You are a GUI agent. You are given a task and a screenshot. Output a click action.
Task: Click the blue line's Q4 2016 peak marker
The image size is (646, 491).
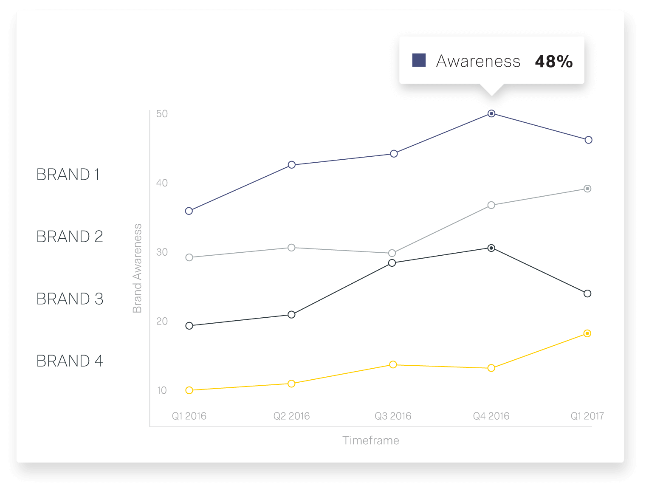(x=491, y=113)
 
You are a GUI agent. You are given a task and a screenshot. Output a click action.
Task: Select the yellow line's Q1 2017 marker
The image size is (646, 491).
(x=587, y=333)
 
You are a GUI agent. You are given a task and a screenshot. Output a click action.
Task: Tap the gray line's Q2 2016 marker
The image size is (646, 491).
(x=291, y=248)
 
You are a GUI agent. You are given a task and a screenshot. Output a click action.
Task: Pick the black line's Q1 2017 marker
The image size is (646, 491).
(x=587, y=293)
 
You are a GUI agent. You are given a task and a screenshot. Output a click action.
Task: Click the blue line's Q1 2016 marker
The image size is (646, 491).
(x=189, y=211)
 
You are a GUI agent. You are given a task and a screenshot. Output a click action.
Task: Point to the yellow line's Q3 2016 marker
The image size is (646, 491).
(x=393, y=364)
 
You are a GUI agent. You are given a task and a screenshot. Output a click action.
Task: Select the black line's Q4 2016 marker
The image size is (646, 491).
(x=491, y=248)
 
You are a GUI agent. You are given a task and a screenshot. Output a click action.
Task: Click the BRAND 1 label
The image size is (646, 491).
(x=68, y=175)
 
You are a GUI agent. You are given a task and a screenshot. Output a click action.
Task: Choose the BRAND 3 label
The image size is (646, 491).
(x=70, y=299)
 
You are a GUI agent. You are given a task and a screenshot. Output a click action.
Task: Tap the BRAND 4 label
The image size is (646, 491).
(x=70, y=361)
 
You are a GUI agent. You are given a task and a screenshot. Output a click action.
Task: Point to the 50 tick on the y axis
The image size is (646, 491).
(x=162, y=114)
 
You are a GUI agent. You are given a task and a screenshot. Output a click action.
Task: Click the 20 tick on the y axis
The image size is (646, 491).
(x=162, y=321)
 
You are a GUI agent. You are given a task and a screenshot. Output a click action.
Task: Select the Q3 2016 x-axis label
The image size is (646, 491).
(x=393, y=416)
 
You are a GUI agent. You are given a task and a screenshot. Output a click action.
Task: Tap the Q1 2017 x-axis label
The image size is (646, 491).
(x=587, y=416)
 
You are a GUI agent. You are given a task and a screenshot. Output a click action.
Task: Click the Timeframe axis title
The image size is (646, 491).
(x=371, y=440)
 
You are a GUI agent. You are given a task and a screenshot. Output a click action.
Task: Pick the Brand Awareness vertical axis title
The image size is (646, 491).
(x=137, y=268)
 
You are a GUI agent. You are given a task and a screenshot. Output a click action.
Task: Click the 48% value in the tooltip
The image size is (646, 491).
(x=554, y=62)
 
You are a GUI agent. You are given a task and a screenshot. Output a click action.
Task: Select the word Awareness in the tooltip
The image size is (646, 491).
(x=478, y=62)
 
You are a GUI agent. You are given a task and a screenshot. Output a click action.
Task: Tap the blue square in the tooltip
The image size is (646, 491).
(x=419, y=60)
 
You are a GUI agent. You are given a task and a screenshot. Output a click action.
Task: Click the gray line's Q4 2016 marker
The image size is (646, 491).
(x=491, y=205)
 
